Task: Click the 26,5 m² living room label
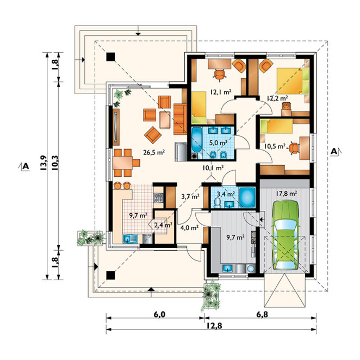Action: pyautogui.click(x=154, y=152)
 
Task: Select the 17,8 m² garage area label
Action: pyautogui.click(x=286, y=194)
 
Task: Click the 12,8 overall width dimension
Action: pyautogui.click(x=214, y=326)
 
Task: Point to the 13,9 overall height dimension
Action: pyautogui.click(x=43, y=163)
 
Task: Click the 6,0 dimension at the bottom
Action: pyautogui.click(x=159, y=314)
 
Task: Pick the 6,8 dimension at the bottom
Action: pyautogui.click(x=262, y=314)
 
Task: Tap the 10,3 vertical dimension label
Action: pyautogui.click(x=55, y=163)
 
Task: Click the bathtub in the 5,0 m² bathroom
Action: pyautogui.click(x=196, y=140)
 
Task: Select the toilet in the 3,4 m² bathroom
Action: pyautogui.click(x=217, y=203)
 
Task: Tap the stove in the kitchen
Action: pyautogui.click(x=158, y=198)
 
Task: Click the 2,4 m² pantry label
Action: pyautogui.click(x=163, y=225)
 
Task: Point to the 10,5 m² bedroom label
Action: pyautogui.click(x=275, y=146)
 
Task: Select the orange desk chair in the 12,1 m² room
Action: pyautogui.click(x=220, y=75)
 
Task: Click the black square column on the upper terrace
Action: pyautogui.click(x=110, y=57)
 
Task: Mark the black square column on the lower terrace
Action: pyautogui.click(x=110, y=275)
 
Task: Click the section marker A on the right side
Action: pyautogui.click(x=334, y=151)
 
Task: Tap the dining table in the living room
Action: pyautogui.click(x=122, y=163)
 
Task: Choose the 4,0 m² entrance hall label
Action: pyautogui.click(x=189, y=228)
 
